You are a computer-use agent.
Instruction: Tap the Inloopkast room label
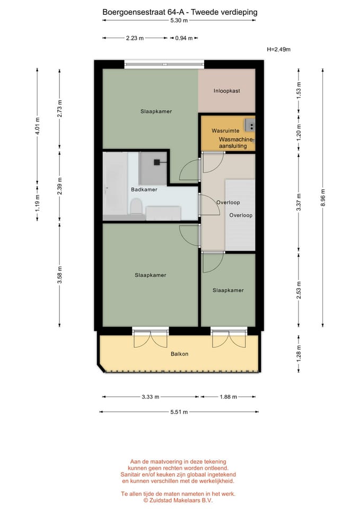pyautogui.click(x=227, y=91)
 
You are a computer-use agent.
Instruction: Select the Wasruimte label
pyautogui.click(x=222, y=130)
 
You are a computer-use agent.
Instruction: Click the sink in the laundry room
pyautogui.click(x=249, y=125)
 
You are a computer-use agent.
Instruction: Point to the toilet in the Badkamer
pyautogui.click(x=136, y=206)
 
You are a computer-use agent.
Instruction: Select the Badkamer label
pyautogui.click(x=144, y=189)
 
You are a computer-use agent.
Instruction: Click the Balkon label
pyautogui.click(x=179, y=354)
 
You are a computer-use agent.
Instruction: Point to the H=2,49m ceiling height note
pyautogui.click(x=279, y=49)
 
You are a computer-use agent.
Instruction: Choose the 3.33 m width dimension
pyautogui.click(x=150, y=397)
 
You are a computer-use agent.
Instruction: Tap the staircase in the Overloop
pyautogui.click(x=240, y=214)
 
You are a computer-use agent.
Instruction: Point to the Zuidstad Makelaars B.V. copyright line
pyautogui.click(x=178, y=499)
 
